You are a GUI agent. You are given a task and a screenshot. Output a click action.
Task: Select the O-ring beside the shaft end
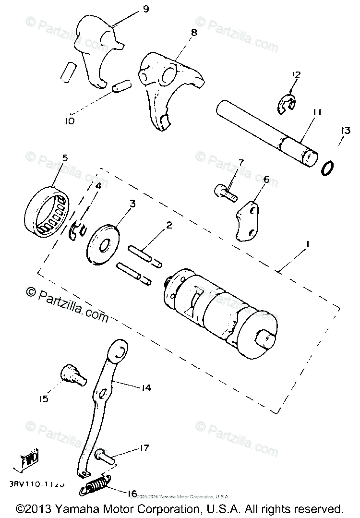tap(327, 168)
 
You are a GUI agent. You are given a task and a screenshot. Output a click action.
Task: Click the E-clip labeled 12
tap(288, 103)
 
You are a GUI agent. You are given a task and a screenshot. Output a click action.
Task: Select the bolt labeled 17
tap(106, 454)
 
